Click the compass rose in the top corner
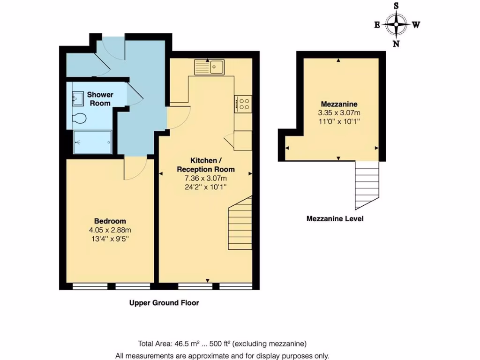click(x=397, y=25)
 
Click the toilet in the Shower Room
click(x=80, y=119)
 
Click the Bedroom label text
click(x=110, y=221)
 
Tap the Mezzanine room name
click(x=339, y=104)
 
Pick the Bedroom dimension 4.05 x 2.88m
click(x=110, y=230)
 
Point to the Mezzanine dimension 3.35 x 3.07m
click(x=339, y=112)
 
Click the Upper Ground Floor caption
click(x=164, y=303)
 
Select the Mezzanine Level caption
click(x=335, y=218)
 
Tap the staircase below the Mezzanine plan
click(x=367, y=185)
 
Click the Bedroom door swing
click(x=135, y=168)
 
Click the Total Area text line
click(x=222, y=343)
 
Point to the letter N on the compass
click(x=396, y=44)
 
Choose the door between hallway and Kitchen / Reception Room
click(x=178, y=117)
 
